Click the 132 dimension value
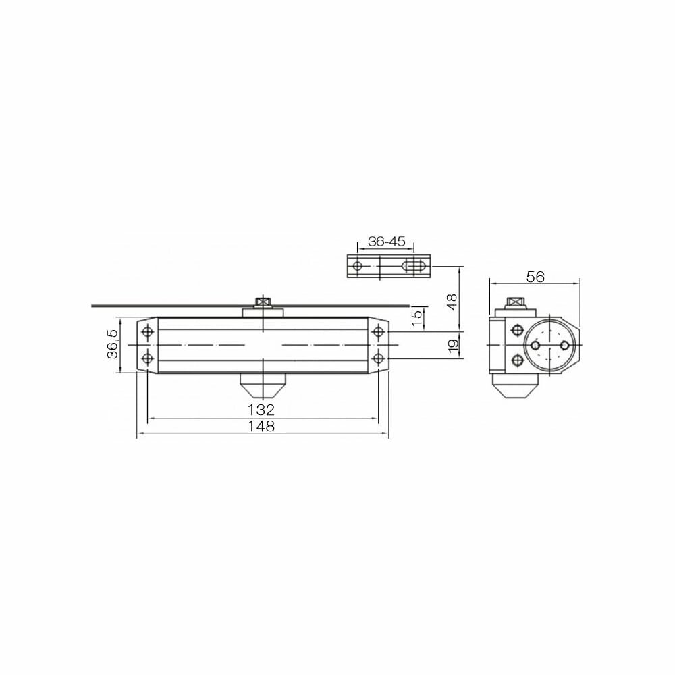[261, 409]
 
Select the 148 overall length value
[261, 426]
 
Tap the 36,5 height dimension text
[112, 344]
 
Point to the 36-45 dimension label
[386, 242]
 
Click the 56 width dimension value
[535, 277]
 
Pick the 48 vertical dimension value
[452, 302]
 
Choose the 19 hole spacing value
[453, 346]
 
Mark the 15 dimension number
[416, 318]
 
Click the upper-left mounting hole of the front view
[148, 332]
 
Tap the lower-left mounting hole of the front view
[148, 358]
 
